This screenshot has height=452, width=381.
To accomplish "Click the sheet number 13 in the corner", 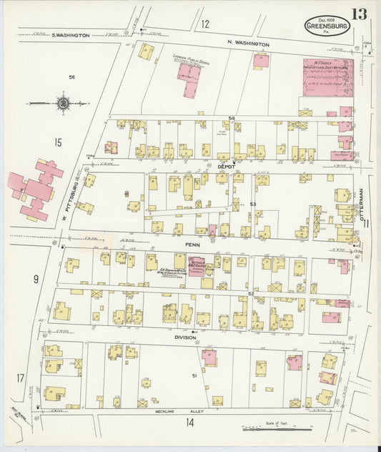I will click(359, 14).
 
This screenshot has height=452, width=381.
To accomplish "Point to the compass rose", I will click(64, 104).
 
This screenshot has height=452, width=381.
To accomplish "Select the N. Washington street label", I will click(249, 44).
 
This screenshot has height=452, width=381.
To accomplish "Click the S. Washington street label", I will click(71, 34).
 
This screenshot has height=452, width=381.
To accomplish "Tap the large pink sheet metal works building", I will click(327, 78).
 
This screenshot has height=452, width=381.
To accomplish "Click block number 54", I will click(231, 117).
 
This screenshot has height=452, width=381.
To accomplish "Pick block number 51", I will click(194, 375).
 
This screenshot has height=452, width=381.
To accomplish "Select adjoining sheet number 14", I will click(189, 423).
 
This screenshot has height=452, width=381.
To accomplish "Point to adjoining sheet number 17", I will click(21, 378).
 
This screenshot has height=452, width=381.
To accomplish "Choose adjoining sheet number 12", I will click(205, 24).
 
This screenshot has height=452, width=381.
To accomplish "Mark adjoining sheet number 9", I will click(34, 280).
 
